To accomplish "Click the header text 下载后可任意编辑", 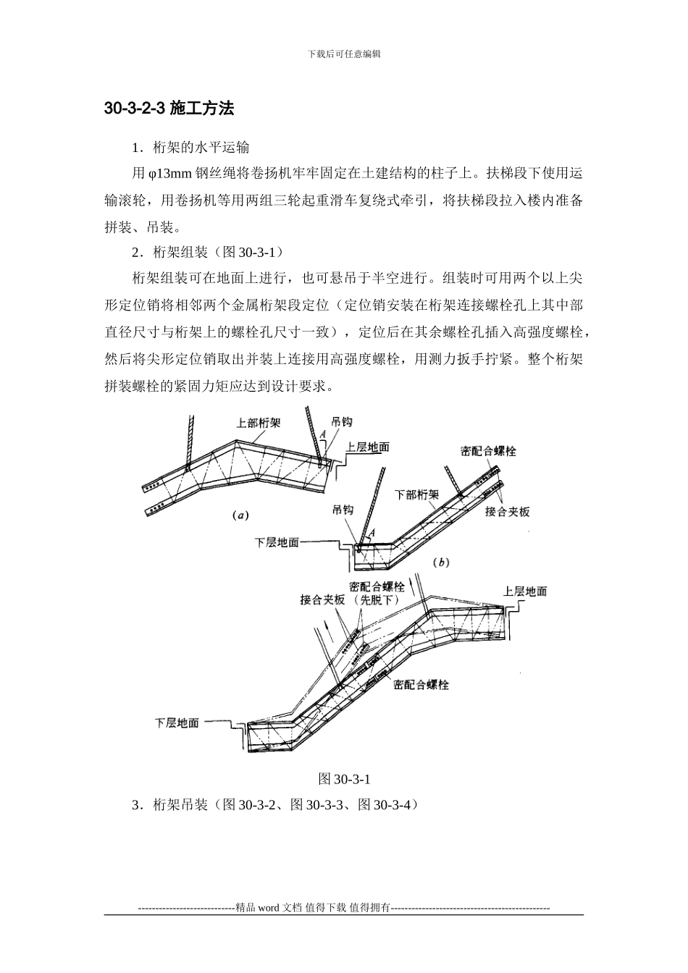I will click(344, 54).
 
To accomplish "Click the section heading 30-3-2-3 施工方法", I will click(169, 109).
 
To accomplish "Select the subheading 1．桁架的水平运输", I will click(190, 148).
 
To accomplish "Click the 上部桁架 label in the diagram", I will click(259, 423).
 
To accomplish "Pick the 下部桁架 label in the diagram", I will click(416, 495).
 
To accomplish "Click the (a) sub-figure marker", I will click(240, 516).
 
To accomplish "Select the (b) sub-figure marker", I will click(441, 562).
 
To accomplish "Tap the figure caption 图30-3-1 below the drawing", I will click(344, 779).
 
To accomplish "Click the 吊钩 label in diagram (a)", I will click(342, 421).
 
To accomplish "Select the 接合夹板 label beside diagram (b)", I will click(508, 512).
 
